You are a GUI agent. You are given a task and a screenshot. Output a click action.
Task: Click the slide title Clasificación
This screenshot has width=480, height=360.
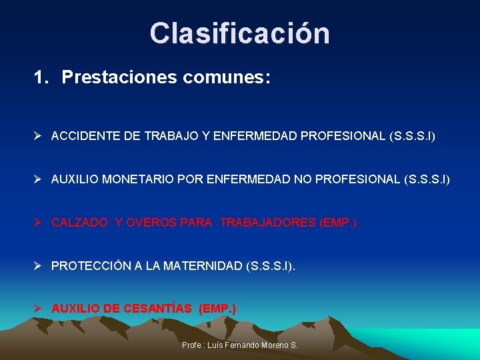[239, 33]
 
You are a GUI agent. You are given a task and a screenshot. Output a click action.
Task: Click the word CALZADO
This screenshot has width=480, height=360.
[79, 223]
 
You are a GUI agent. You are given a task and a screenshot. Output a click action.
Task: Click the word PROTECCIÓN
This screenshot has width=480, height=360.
[91, 266]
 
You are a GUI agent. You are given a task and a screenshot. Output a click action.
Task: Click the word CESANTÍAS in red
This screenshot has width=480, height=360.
[157, 309]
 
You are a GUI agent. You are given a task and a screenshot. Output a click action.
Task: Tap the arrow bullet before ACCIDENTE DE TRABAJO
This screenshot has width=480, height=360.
[39, 136]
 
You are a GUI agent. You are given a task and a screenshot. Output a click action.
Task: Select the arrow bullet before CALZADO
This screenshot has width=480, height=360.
[39, 223]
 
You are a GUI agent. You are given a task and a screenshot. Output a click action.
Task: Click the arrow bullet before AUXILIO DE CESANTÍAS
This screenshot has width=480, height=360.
[39, 309]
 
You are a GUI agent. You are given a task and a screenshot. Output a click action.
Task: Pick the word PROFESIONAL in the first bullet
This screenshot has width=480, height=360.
[343, 136]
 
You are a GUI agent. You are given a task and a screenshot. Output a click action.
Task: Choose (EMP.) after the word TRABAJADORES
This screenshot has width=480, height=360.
[338, 223]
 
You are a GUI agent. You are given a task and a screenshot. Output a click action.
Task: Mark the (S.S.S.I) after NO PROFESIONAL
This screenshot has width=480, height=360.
[427, 179]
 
